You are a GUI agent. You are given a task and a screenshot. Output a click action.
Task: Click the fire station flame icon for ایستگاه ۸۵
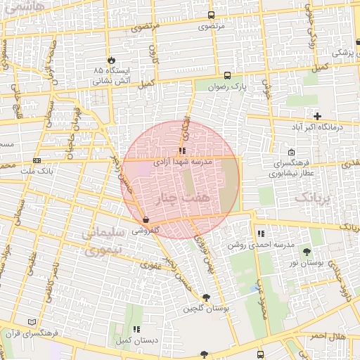tap(111, 60)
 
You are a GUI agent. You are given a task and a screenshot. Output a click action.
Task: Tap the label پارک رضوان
tap(229, 86)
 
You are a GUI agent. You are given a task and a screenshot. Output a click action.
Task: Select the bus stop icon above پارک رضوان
tap(226, 75)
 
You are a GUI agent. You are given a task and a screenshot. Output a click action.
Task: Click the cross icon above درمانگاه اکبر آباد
tap(318, 116)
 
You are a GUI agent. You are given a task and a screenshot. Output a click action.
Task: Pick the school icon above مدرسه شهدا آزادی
tap(182, 150)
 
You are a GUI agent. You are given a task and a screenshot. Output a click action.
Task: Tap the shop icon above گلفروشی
tap(146, 220)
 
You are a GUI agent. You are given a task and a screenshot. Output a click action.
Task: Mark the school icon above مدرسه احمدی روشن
tap(261, 233)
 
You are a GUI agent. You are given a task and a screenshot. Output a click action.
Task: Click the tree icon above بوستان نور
tap(307, 251)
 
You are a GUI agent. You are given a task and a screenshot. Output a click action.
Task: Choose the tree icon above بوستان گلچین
tap(205, 297)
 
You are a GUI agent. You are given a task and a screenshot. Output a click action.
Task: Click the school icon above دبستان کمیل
tap(136, 329)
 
